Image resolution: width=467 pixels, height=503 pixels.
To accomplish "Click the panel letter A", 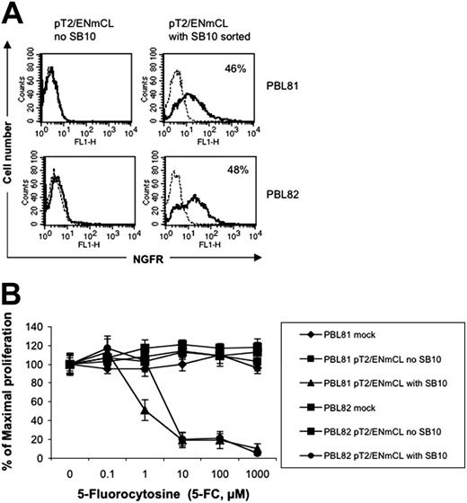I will pyautogui.click(x=13, y=13).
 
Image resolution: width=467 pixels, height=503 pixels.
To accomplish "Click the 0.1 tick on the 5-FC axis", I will pyautogui.click(x=109, y=472).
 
